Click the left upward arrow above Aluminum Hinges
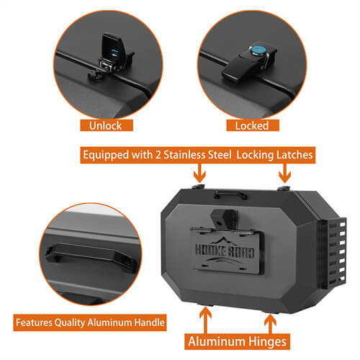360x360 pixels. tap(207, 315)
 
